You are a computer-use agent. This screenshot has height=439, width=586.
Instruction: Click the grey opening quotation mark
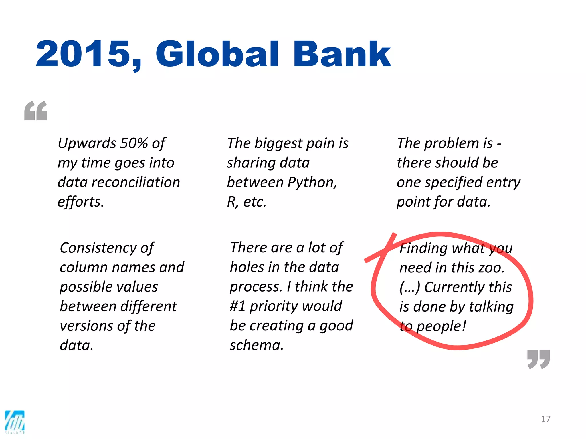[36, 111]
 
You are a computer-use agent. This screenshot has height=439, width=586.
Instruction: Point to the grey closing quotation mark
[539, 359]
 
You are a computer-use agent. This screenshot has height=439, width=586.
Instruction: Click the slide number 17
[546, 419]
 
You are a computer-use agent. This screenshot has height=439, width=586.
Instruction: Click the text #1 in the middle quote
[238, 306]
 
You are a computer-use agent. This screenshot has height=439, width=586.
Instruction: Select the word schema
[256, 345]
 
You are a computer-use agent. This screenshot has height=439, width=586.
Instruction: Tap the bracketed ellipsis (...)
[410, 287]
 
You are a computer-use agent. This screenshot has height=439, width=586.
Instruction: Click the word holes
[247, 267]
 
